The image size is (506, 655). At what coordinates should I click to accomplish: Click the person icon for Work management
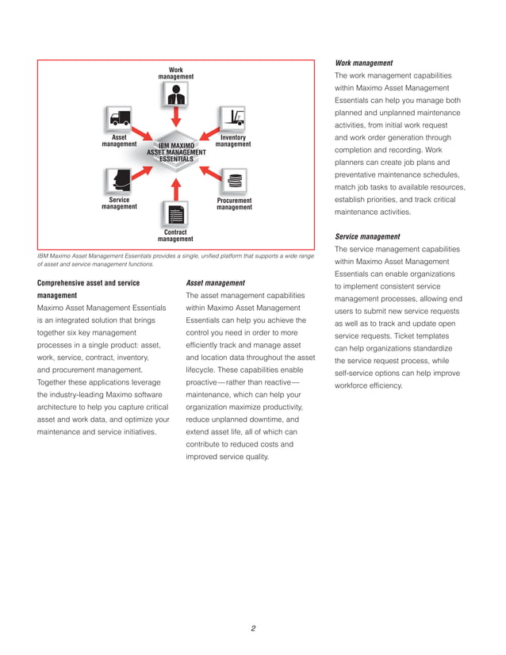(x=176, y=96)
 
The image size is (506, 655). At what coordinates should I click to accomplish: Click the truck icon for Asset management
(x=119, y=117)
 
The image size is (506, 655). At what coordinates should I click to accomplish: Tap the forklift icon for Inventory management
(x=233, y=117)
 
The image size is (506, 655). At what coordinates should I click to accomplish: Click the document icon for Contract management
(x=176, y=213)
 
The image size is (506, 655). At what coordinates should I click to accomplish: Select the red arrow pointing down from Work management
(x=176, y=119)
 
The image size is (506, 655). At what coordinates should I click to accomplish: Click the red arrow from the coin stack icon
(x=208, y=168)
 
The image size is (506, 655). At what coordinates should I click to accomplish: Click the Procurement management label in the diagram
(x=234, y=204)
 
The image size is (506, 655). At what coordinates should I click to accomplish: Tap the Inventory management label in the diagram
(x=233, y=140)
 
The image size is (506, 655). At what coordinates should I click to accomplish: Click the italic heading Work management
(x=364, y=63)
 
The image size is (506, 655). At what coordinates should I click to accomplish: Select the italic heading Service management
(x=367, y=236)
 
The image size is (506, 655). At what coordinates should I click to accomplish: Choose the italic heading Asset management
(x=215, y=282)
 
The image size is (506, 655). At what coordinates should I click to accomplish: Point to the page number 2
(x=253, y=629)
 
